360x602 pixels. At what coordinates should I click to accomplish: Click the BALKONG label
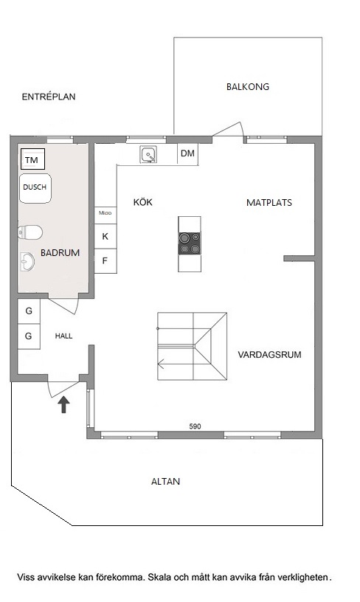click(x=248, y=87)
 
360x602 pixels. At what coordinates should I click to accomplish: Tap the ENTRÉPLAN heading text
click(x=49, y=97)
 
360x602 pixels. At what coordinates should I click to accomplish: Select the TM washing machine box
click(x=32, y=159)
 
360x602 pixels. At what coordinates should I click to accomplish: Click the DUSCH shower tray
click(x=35, y=188)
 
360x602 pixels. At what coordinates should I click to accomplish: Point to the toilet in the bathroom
click(x=30, y=232)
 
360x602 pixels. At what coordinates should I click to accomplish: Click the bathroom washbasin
click(x=27, y=262)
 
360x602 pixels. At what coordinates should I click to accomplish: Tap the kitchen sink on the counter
click(x=148, y=155)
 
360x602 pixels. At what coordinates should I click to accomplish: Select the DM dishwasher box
click(x=187, y=154)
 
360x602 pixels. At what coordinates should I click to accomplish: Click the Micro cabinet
click(x=105, y=213)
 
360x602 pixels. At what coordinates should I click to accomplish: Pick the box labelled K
click(x=105, y=237)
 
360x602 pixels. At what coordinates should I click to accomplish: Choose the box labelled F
click(x=105, y=261)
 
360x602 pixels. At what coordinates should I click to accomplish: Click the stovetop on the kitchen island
click(x=190, y=243)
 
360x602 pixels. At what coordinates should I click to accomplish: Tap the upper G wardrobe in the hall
click(x=29, y=311)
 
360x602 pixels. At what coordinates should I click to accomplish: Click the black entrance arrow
click(x=63, y=405)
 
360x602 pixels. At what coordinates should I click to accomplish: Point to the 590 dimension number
click(x=195, y=426)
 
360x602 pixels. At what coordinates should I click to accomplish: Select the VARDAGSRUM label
click(x=269, y=355)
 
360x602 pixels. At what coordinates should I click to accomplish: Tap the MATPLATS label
click(x=269, y=203)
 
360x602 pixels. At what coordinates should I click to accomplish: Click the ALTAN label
click(x=165, y=482)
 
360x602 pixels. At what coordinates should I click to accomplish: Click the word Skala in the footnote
click(x=160, y=577)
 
